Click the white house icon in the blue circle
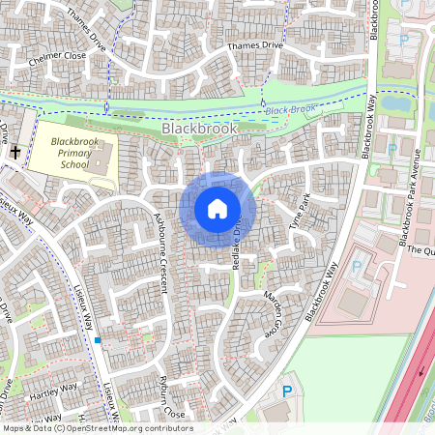coord(217,209)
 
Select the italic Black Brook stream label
coord(290,110)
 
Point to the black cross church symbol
coord(15,152)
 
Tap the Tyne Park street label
coord(299,211)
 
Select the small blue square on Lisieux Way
coord(98,340)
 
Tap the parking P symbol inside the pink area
coord(358,266)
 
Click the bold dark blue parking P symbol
coord(286,391)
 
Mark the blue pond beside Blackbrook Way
coord(395,101)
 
